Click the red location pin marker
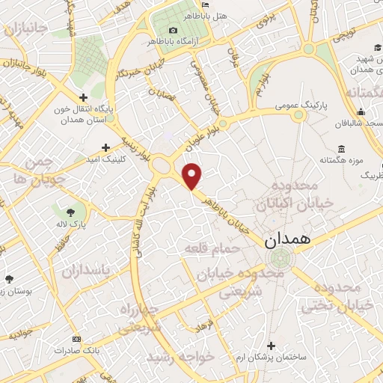point(193,176)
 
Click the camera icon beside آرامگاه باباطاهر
point(174,29)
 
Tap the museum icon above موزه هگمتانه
point(341,148)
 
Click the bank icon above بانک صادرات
point(75,338)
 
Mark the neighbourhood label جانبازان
point(25,28)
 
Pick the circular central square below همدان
point(280,259)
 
